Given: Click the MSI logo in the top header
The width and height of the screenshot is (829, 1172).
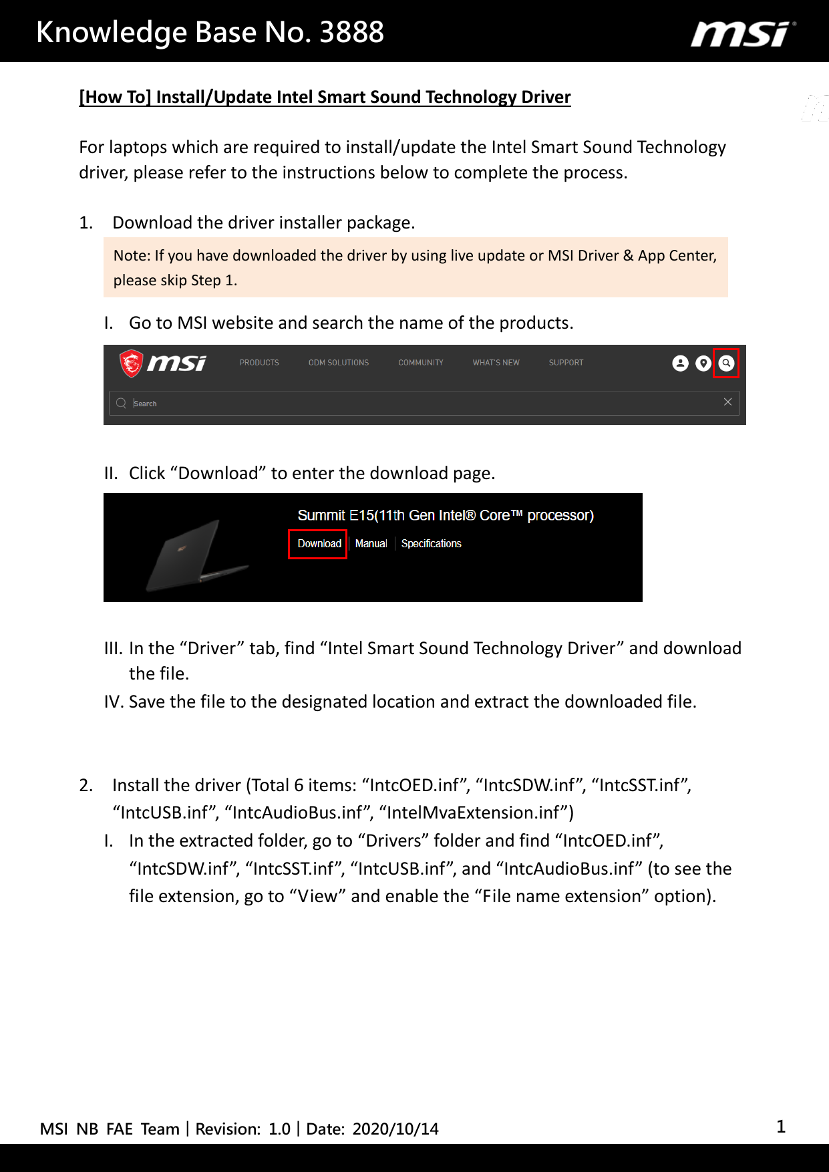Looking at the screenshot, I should (743, 33).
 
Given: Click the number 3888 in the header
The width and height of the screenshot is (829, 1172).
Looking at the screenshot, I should (351, 32).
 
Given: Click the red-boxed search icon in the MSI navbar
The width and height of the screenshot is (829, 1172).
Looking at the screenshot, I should (726, 363).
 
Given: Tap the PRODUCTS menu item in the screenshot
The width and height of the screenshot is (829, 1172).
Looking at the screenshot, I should (259, 363).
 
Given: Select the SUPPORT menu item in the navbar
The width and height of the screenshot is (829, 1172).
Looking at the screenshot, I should (566, 363).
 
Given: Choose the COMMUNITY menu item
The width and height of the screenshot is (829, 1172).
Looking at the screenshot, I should (421, 363).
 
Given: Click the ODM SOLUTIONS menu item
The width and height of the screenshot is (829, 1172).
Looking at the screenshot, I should (339, 363).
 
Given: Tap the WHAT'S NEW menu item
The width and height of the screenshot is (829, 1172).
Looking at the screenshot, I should (496, 363).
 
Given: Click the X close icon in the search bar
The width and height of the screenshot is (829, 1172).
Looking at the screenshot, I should (727, 402).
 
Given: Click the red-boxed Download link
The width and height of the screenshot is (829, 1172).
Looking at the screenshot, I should (319, 544).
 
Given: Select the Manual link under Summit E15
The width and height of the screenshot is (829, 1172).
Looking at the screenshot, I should (371, 544).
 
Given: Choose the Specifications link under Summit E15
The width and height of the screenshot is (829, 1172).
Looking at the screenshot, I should (431, 544).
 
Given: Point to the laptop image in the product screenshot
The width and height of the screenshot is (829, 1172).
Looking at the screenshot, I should (190, 556).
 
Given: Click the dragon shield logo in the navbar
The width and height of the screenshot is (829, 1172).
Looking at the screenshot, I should (132, 363).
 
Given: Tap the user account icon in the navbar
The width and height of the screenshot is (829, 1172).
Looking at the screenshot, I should (680, 363).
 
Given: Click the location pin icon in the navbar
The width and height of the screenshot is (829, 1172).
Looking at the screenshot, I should (703, 363).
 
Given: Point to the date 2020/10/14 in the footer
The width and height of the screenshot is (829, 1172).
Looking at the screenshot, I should (395, 1129).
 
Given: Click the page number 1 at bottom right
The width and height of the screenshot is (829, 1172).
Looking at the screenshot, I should (781, 1127).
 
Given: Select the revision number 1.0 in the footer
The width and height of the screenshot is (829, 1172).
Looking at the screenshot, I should (279, 1129).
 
